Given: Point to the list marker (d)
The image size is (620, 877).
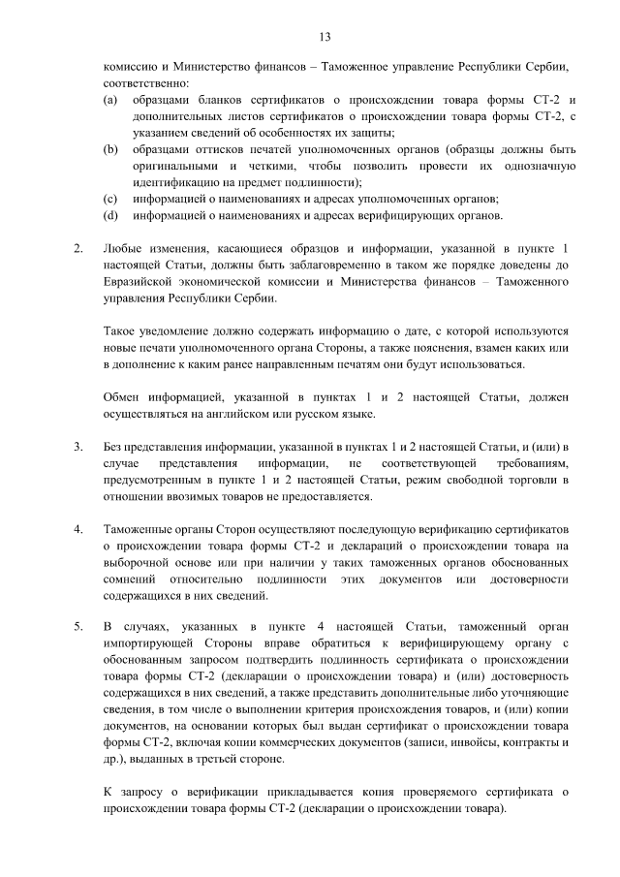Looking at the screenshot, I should [x=111, y=214].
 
